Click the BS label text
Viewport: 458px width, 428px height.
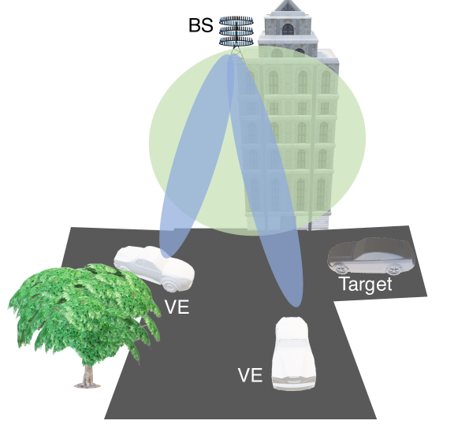[201, 25]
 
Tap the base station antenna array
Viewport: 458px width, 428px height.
[236, 32]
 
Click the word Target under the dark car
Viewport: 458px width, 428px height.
[366, 284]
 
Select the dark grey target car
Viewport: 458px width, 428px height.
[372, 256]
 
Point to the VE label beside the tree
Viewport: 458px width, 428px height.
[177, 307]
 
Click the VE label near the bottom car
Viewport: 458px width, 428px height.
[250, 375]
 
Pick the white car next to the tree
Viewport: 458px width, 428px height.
[155, 268]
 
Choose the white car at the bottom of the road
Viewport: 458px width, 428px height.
[293, 353]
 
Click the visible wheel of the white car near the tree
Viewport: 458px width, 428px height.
[170, 285]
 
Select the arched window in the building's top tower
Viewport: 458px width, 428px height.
[288, 29]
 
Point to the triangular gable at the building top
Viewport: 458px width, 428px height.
[288, 6]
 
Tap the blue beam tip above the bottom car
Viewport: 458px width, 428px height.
[296, 305]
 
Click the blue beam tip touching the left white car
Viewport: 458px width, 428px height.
[165, 255]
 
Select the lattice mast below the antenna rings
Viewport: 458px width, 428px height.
[236, 50]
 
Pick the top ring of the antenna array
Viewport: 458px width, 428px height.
[236, 21]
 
